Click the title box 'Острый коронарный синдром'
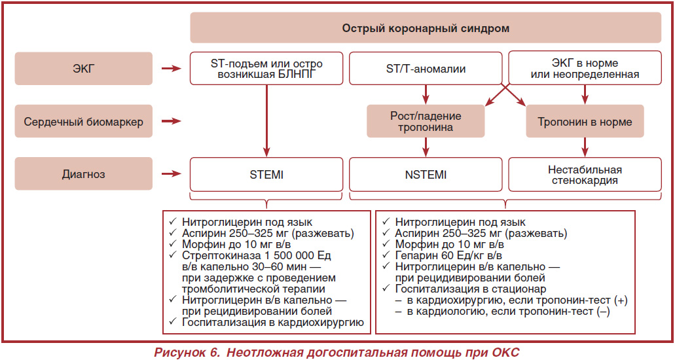point(426,27)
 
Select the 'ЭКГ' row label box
point(84,69)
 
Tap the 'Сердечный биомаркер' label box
point(84,121)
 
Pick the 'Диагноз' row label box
point(84,173)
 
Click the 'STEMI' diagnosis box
point(266,174)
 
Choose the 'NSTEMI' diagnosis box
point(426,174)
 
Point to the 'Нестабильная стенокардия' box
point(585,174)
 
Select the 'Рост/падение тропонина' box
point(426,122)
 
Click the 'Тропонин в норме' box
point(585,122)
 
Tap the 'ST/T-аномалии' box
point(426,69)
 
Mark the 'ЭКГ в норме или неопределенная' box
point(585,69)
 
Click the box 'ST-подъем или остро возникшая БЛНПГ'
point(266,69)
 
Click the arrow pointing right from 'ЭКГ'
point(172,68)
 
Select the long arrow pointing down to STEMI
point(266,120)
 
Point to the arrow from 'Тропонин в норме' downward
point(585,147)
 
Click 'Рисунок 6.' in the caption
point(187,352)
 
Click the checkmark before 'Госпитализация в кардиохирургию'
point(173,321)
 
